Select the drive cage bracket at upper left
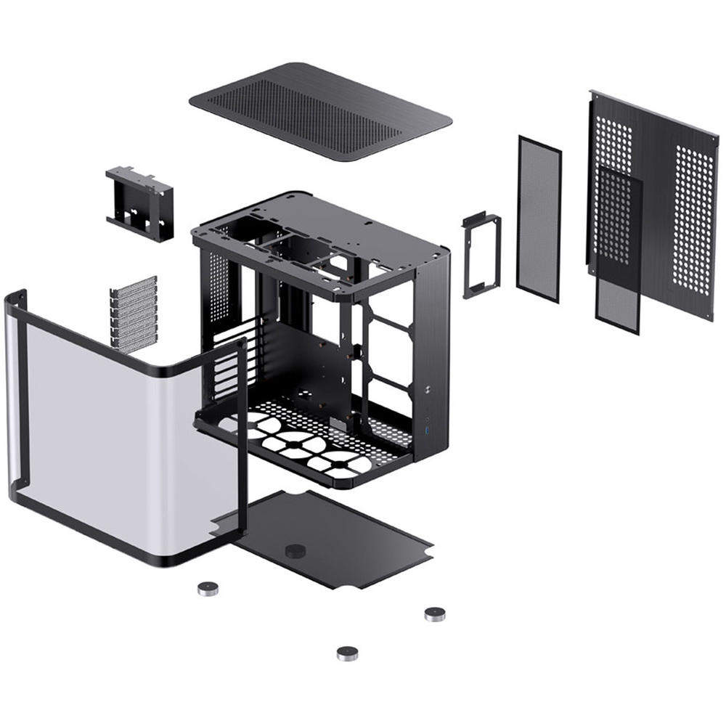coord(140,203)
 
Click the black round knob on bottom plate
coord(294,550)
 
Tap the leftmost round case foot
coord(208,588)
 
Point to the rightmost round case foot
coord(435,614)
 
